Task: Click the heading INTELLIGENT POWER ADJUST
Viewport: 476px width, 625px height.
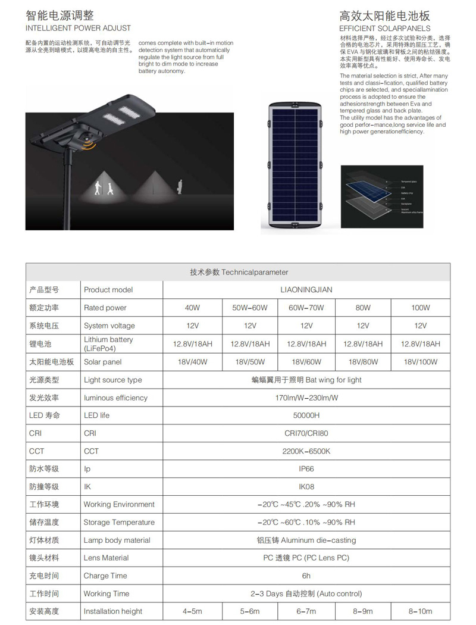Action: point(78,28)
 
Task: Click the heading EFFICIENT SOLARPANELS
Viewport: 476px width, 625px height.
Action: point(384,28)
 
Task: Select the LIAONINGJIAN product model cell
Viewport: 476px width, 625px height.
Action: point(306,290)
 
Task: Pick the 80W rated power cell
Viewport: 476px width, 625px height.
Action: point(363,308)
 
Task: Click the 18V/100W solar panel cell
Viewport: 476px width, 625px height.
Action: point(420,362)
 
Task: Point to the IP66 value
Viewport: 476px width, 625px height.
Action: point(306,469)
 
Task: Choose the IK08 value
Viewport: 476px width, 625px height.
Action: point(306,487)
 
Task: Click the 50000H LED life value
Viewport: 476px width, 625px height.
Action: point(306,415)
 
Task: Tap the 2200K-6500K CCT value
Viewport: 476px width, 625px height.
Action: point(306,451)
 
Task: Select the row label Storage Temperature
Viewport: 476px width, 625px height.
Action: point(119,523)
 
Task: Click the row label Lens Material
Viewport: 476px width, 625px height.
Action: point(106,558)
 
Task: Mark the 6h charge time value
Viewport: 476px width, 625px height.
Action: point(306,576)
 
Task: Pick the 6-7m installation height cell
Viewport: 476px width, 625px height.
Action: point(306,611)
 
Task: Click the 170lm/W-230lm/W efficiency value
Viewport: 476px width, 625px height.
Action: point(306,398)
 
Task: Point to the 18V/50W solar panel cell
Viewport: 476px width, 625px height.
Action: point(250,362)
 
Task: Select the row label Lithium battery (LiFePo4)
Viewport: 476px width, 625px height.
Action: point(108,343)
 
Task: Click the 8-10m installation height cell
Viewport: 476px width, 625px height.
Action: point(420,611)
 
